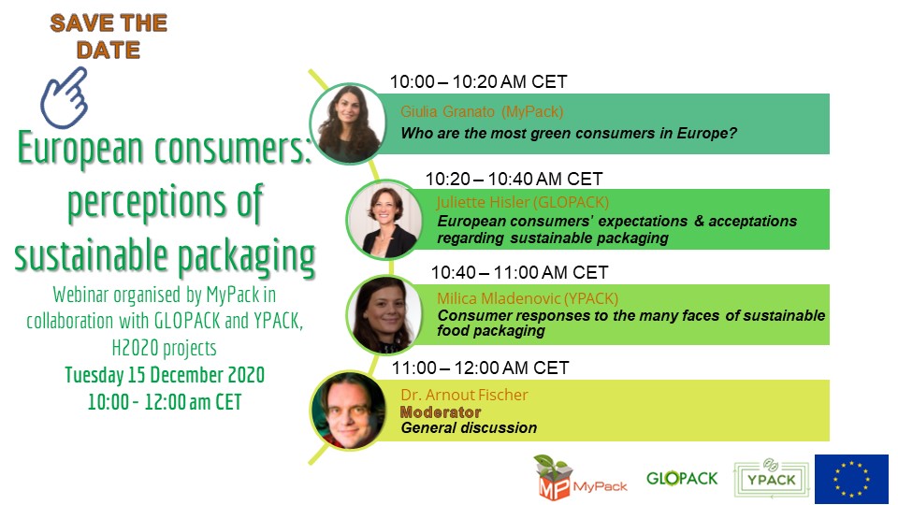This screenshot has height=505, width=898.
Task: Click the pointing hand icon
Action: [65, 98]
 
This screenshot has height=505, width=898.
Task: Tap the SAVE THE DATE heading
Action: [109, 36]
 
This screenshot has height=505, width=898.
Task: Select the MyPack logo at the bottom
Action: [581, 478]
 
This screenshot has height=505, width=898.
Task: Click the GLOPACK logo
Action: [682, 478]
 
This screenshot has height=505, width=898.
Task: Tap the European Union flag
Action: [851, 479]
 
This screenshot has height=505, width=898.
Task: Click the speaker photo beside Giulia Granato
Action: [348, 123]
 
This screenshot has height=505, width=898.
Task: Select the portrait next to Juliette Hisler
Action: [384, 219]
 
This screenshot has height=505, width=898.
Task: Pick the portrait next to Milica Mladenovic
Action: [384, 314]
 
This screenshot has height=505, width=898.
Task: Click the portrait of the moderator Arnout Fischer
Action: [348, 411]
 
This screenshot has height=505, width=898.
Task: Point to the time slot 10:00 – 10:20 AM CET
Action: [478, 82]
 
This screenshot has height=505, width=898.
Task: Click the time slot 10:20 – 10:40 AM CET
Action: [514, 179]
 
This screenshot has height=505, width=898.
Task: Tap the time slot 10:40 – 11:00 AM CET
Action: [519, 272]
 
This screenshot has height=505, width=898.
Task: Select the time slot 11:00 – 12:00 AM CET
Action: [480, 368]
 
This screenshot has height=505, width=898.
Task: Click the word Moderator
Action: [441, 411]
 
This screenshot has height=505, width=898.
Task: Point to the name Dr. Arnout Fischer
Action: [465, 395]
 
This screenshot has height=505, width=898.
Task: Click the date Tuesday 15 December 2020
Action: [165, 374]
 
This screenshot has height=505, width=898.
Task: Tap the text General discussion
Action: [469, 427]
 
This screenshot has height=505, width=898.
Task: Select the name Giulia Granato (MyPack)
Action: [482, 111]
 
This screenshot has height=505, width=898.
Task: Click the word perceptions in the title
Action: [147, 203]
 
